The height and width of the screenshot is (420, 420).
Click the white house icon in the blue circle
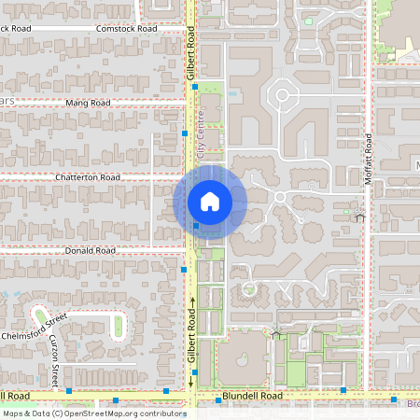pyautogui.click(x=209, y=202)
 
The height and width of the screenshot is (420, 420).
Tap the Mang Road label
pyautogui.click(x=89, y=103)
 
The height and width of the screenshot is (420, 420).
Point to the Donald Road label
pyautogui.click(x=91, y=251)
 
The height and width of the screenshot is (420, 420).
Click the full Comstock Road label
pyautogui.click(x=127, y=29)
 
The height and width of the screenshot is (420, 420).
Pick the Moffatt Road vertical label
pyautogui.click(x=369, y=158)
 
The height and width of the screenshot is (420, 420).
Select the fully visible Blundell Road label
pyautogui.click(x=252, y=395)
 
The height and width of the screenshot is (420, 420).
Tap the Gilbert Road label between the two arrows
pyautogui.click(x=192, y=339)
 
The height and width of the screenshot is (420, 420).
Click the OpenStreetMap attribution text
pyautogui.click(x=93, y=413)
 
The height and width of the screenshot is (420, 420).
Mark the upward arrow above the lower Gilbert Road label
pyautogui.click(x=192, y=301)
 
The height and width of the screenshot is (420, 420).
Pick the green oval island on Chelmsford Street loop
pyautogui.click(x=119, y=325)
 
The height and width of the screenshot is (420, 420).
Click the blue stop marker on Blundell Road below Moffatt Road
pyautogui.click(x=343, y=389)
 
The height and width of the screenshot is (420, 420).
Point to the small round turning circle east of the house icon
pyautogui.click(x=279, y=197)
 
